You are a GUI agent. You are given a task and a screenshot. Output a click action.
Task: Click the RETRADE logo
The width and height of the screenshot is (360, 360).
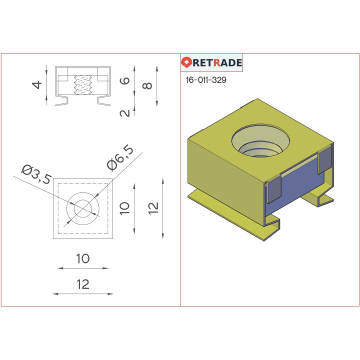click(211, 62)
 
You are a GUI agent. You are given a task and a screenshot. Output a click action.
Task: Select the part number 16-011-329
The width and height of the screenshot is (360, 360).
click(205, 80)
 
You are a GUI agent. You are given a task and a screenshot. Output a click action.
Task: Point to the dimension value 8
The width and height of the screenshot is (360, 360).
click(147, 85)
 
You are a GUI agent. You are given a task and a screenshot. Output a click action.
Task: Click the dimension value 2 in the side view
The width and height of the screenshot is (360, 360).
click(125, 112)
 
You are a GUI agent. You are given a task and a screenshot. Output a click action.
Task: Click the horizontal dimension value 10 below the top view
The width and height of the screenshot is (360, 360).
click(83, 258)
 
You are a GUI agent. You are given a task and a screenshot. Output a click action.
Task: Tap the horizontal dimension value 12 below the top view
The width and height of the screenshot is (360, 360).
click(83, 284)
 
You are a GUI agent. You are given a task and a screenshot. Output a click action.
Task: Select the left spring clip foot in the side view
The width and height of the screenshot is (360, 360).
click(62, 101)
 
